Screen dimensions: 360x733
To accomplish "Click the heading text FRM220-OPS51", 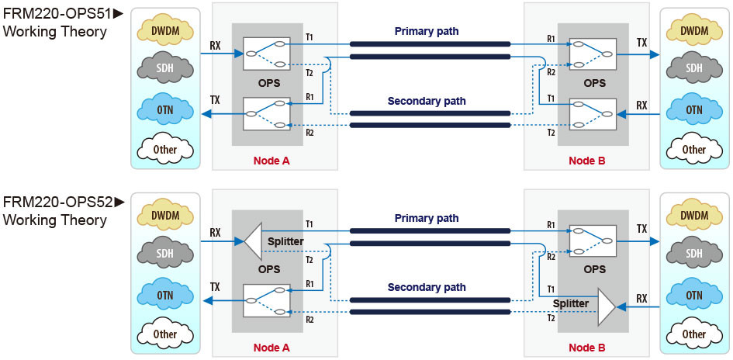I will coord(58,14).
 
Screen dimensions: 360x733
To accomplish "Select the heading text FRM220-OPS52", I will coord(58,202).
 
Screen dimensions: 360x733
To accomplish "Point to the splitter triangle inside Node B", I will coord(606,307).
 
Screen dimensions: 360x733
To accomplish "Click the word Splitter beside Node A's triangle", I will coord(285,242).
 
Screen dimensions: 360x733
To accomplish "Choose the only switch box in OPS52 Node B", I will coord(593,241).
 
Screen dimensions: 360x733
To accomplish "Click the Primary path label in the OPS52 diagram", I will coord(427,219).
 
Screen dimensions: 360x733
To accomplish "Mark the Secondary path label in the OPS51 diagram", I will coord(427,101).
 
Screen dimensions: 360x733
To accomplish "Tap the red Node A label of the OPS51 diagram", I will coord(271,161).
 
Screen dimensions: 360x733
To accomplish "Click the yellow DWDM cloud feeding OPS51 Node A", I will coord(166,29).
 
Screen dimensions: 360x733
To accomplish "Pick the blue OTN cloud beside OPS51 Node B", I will coord(694,109).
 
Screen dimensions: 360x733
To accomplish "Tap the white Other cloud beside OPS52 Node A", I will coord(165,334).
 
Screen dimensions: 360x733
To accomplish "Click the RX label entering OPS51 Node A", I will coord(215,45).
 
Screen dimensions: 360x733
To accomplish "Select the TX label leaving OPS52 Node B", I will coord(641,230).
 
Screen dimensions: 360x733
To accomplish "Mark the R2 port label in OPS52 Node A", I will coord(309,319).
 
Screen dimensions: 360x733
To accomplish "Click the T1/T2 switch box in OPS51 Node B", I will coord(593,114).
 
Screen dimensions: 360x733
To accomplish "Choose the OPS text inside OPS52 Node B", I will coord(594,269).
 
